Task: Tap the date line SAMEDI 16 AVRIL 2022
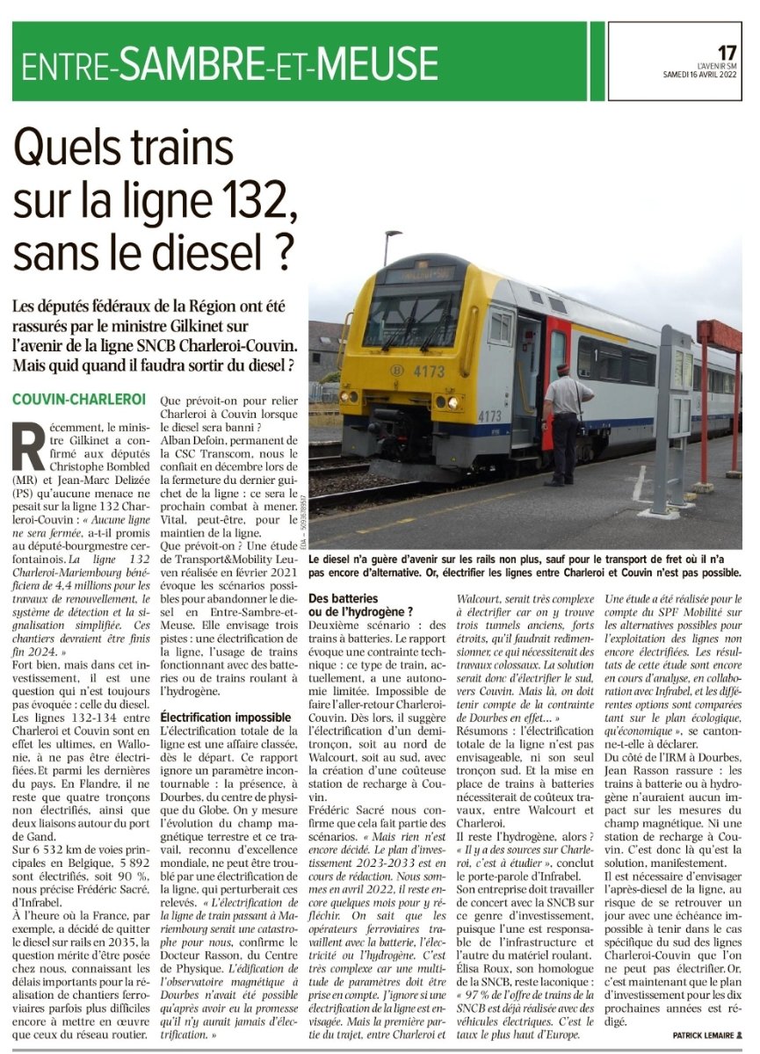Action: pyautogui.click(x=699, y=74)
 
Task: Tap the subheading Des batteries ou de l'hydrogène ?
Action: pyautogui.click(x=360, y=604)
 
